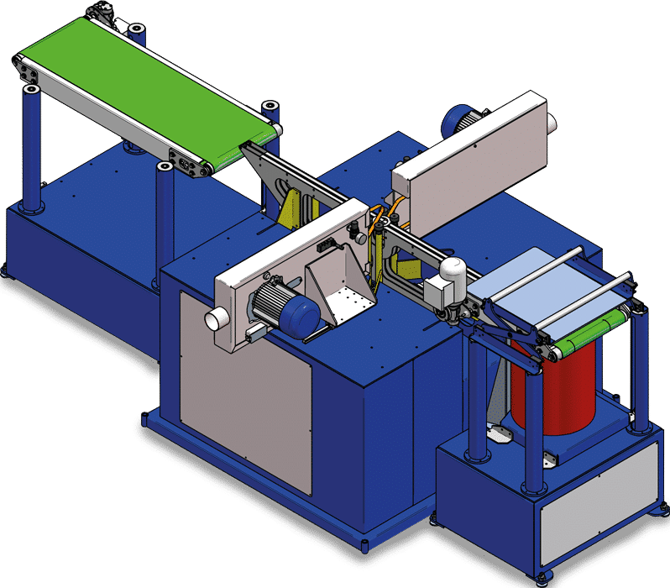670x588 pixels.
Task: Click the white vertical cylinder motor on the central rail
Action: click(x=454, y=273)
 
